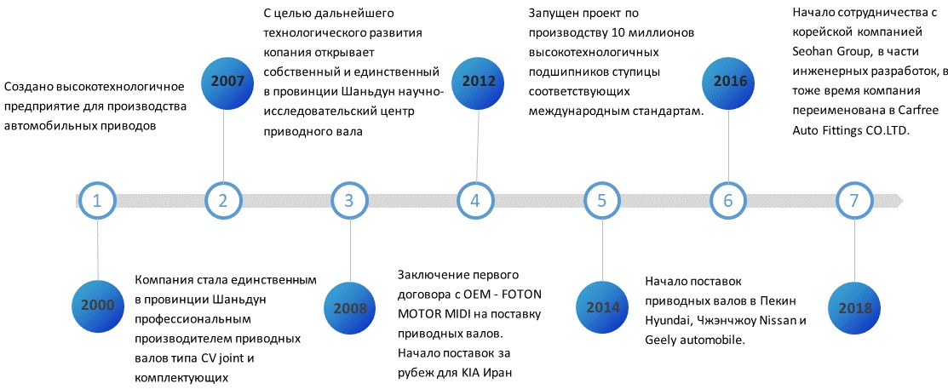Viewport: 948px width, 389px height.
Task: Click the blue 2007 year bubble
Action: [x=224, y=80]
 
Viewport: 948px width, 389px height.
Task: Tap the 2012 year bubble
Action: [x=479, y=81]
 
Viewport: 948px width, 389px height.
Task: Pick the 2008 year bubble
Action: [x=350, y=308]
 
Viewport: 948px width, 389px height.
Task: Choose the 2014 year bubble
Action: [x=602, y=306]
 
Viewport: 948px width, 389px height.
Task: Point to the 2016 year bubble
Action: [x=730, y=81]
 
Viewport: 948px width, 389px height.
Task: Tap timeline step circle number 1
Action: [x=97, y=200]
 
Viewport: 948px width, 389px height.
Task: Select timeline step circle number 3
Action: [x=349, y=200]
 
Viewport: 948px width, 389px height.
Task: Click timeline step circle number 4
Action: [x=475, y=200]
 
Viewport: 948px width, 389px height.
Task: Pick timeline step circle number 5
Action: [x=601, y=200]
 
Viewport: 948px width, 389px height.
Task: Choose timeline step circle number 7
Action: [x=853, y=200]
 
